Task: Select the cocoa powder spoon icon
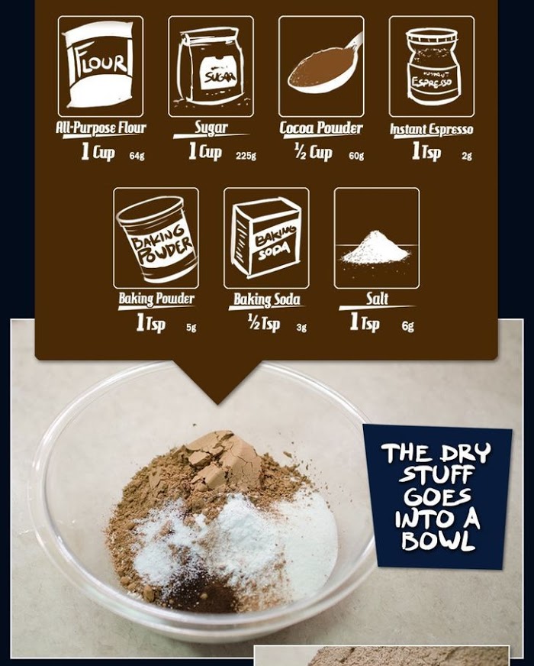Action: coord(324,65)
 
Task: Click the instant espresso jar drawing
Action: coord(433,66)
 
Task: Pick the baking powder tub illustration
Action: coord(158,238)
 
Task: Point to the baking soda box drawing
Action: coord(266,237)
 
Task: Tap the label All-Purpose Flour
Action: coord(101,128)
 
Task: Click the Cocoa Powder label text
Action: coord(321,128)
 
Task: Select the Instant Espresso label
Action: coord(431,129)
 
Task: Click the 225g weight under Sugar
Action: coord(246,156)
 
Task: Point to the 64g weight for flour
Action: coord(137,156)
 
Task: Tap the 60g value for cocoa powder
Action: coord(356,156)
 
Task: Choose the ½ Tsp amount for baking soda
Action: coord(264,323)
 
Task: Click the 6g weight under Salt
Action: coord(407,326)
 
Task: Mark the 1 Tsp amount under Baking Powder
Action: coord(150,323)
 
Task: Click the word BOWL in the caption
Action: coord(437,540)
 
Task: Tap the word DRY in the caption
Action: coord(465,453)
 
